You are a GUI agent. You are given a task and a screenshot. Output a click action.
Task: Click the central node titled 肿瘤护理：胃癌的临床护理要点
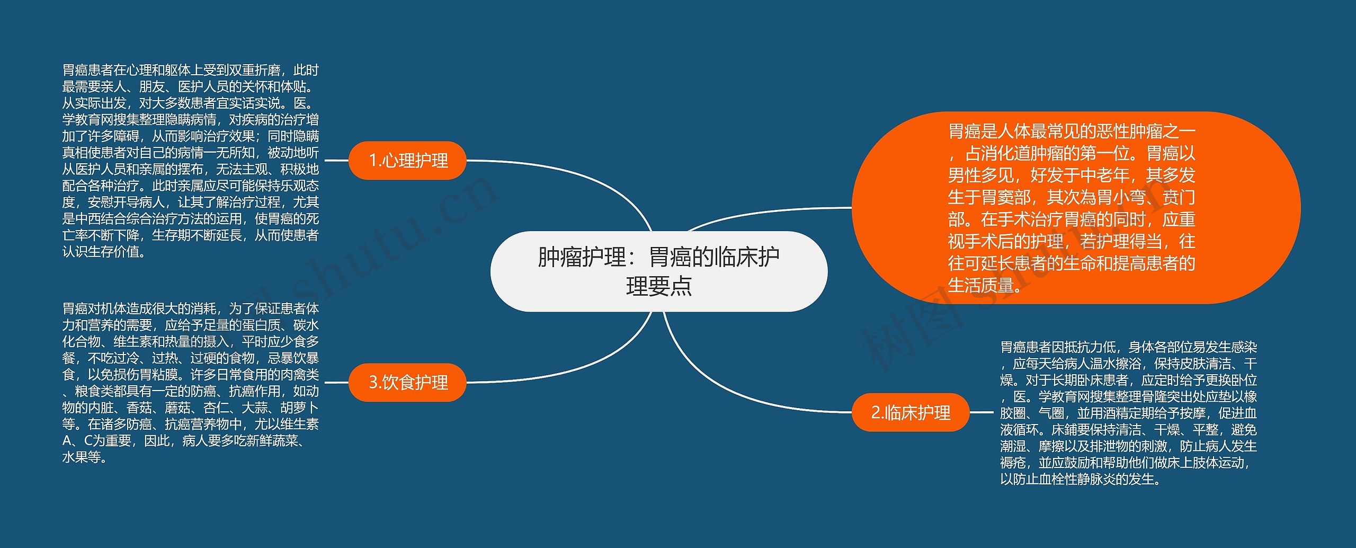pos(658,271)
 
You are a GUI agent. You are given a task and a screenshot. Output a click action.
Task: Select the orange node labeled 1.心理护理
pos(407,160)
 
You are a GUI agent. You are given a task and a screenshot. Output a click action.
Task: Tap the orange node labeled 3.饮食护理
pos(407,382)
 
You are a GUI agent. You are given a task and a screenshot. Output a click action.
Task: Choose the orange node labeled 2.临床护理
pos(910,412)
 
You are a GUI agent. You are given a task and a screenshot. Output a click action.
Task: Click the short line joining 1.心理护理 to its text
pos(336,160)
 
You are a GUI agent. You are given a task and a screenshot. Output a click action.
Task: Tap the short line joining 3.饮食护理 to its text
pos(336,382)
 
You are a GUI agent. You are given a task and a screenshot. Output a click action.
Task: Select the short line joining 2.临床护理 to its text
pos(981,412)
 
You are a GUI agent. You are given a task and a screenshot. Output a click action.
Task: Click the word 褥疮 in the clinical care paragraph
pos(1013,463)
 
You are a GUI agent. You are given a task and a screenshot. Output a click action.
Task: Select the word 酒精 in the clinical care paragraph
pos(1115,413)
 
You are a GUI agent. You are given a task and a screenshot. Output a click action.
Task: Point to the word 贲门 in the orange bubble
pos(1179,198)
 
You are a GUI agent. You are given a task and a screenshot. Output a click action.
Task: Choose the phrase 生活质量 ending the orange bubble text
pos(980,286)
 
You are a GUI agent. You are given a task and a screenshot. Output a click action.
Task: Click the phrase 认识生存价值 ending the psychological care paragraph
pos(101,252)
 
